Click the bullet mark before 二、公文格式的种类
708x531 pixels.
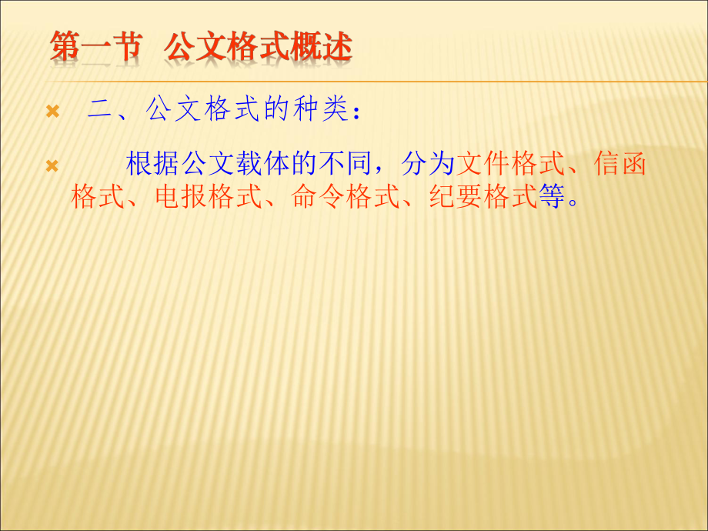point(52,112)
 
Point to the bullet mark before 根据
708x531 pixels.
point(52,166)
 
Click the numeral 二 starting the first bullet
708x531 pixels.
point(101,111)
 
